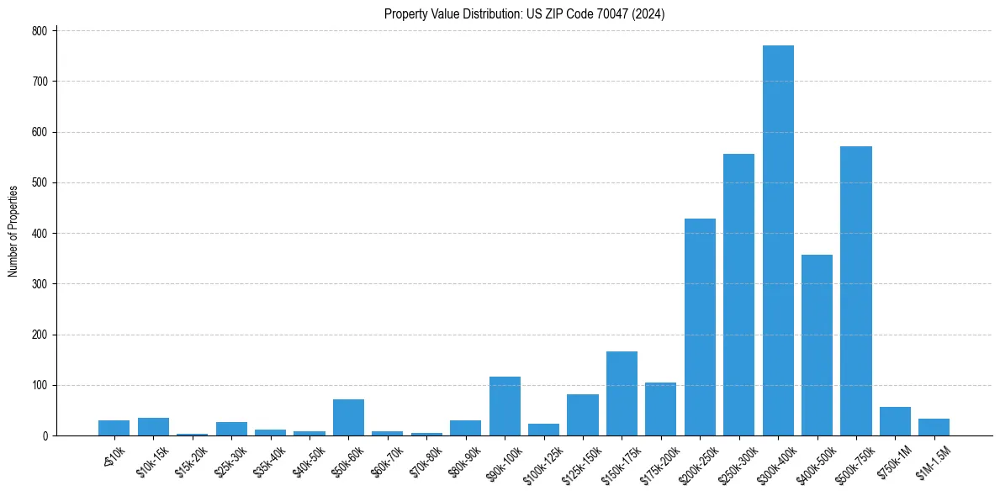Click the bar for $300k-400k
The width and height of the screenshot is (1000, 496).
coord(778,240)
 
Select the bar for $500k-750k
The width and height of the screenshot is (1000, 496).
coord(856,291)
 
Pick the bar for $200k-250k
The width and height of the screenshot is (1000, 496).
coord(700,327)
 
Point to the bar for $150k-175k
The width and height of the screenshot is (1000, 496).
coord(622,393)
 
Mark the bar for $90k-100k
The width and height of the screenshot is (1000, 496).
coord(505,406)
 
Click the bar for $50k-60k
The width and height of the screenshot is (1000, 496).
coord(348,418)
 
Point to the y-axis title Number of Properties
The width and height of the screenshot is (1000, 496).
coord(13,232)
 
